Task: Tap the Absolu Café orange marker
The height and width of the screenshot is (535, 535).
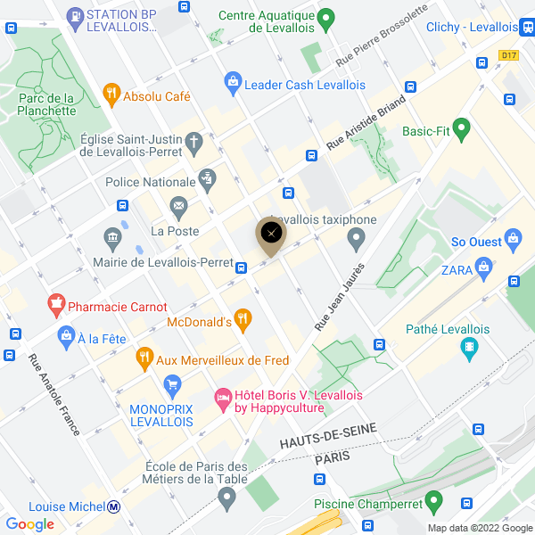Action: tap(111, 92)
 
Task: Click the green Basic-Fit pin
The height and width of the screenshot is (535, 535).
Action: tap(461, 130)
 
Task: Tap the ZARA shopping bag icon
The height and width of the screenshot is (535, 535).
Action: tap(483, 265)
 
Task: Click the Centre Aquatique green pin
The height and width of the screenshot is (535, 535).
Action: tap(326, 17)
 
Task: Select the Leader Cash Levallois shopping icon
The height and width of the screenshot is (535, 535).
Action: tap(233, 82)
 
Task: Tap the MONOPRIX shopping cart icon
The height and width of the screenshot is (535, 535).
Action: tap(174, 385)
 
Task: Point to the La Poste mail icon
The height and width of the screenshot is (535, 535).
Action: tap(178, 208)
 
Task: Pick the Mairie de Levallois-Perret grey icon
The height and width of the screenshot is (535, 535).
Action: tap(112, 237)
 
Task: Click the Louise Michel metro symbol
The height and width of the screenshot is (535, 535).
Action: tap(114, 507)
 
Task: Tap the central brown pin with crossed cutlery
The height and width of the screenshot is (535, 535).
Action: tap(272, 234)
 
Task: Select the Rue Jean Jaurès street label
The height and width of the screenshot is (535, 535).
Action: tap(339, 298)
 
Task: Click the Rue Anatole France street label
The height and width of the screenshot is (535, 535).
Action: tap(54, 395)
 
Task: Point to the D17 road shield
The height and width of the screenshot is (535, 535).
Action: tap(508, 55)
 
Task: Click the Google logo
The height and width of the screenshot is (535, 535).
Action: tap(29, 523)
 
